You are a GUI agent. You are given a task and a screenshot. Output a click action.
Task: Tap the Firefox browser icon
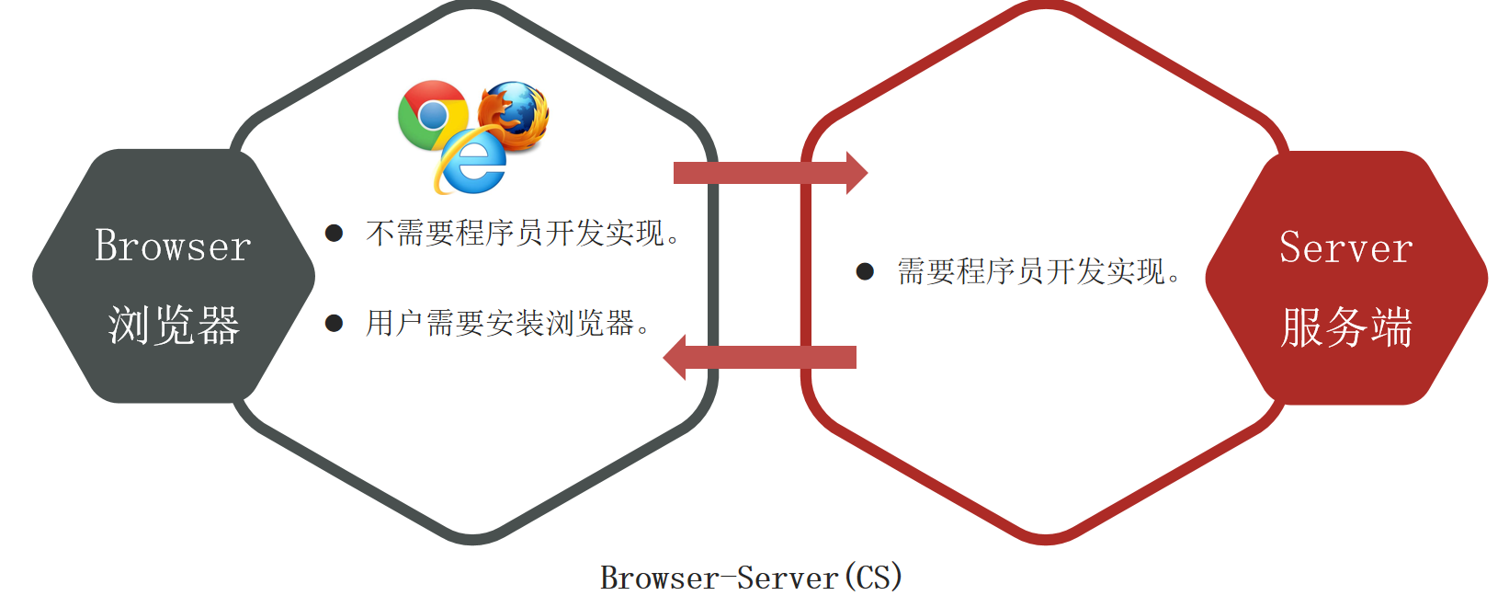coord(515,114)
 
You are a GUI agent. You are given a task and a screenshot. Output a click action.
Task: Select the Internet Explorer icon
coord(472,162)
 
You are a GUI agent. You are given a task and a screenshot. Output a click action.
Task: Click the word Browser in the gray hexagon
coord(173,246)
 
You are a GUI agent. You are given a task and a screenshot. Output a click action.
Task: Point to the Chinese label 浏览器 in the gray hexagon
coord(174,326)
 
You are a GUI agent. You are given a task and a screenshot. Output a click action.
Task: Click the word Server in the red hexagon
coord(1345,248)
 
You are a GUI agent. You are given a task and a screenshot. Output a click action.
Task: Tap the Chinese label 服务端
coord(1345,327)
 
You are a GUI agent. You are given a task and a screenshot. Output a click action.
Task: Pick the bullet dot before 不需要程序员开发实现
coord(335,234)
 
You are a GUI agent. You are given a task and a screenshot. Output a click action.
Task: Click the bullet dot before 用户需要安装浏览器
coord(335,323)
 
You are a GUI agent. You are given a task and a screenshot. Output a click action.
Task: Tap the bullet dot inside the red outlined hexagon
coord(865,271)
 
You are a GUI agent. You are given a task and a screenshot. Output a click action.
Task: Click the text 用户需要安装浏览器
coord(500,323)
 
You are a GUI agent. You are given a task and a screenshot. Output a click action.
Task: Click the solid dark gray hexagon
coord(174,276)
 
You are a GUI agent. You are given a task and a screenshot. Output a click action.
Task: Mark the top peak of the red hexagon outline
coord(1046,7)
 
